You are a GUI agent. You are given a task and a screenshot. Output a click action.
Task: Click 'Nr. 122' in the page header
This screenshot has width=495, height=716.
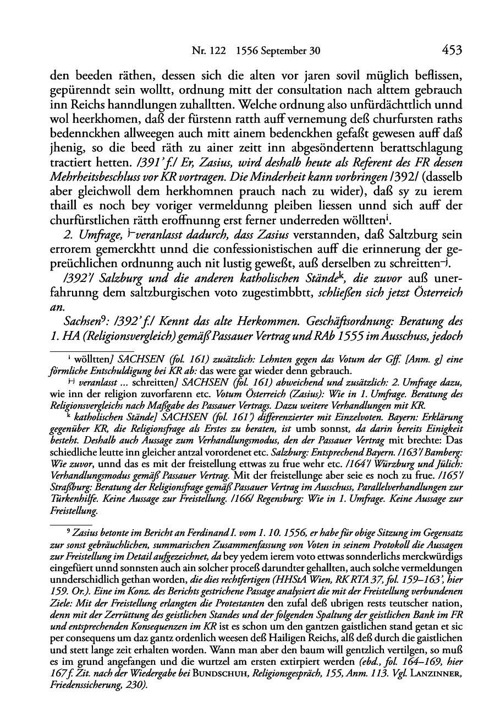204,51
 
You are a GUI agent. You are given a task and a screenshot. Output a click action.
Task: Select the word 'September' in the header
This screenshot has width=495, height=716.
284,51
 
